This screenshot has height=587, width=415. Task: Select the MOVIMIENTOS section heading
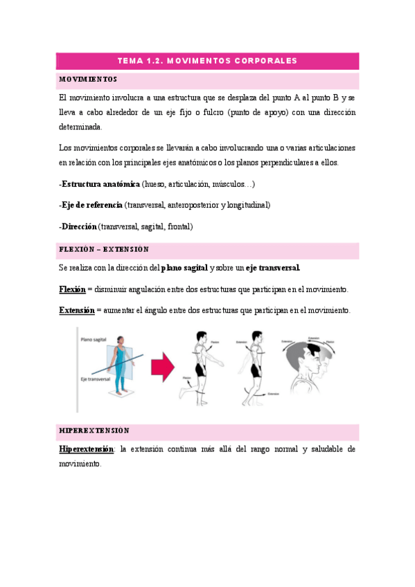point(88,79)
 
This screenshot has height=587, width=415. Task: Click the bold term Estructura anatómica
point(100,185)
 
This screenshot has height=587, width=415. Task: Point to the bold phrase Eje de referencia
point(92,206)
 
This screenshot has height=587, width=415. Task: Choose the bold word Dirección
point(79,226)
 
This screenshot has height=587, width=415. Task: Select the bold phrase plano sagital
point(184,268)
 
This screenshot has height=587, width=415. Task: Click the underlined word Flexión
point(72,289)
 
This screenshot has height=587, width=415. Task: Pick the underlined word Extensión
point(76,310)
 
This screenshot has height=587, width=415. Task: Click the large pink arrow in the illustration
point(162,368)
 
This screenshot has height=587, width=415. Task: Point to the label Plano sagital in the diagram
point(94,340)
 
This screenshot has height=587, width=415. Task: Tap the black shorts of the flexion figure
point(201,368)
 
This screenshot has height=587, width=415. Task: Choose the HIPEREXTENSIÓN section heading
point(95,431)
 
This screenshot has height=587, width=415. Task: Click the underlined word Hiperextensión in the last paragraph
point(87,449)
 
